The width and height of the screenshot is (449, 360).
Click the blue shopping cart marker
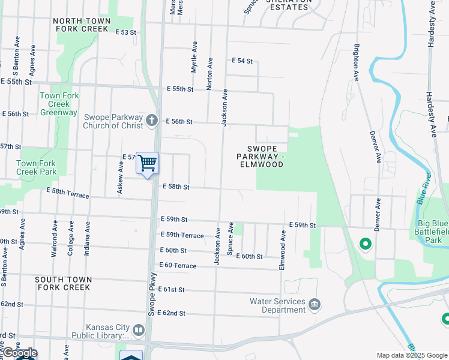point(147,163)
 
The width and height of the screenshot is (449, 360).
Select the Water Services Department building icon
point(314,306)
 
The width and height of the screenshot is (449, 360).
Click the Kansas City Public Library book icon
point(139,331)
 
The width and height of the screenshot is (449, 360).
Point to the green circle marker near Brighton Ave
point(364,244)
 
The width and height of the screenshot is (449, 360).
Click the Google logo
point(19,353)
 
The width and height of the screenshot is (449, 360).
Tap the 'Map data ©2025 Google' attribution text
point(412,355)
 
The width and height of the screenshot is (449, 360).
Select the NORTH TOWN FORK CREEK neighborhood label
point(82,25)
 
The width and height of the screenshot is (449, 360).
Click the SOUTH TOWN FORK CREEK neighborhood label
point(63,283)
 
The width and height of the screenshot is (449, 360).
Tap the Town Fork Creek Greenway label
point(59,104)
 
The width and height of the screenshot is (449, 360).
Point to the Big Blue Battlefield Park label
point(433,232)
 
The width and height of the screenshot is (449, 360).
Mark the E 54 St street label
point(243,61)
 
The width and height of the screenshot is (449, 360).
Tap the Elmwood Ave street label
point(282,247)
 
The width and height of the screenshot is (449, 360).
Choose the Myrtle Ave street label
point(194,57)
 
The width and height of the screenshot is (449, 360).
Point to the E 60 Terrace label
point(178,265)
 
